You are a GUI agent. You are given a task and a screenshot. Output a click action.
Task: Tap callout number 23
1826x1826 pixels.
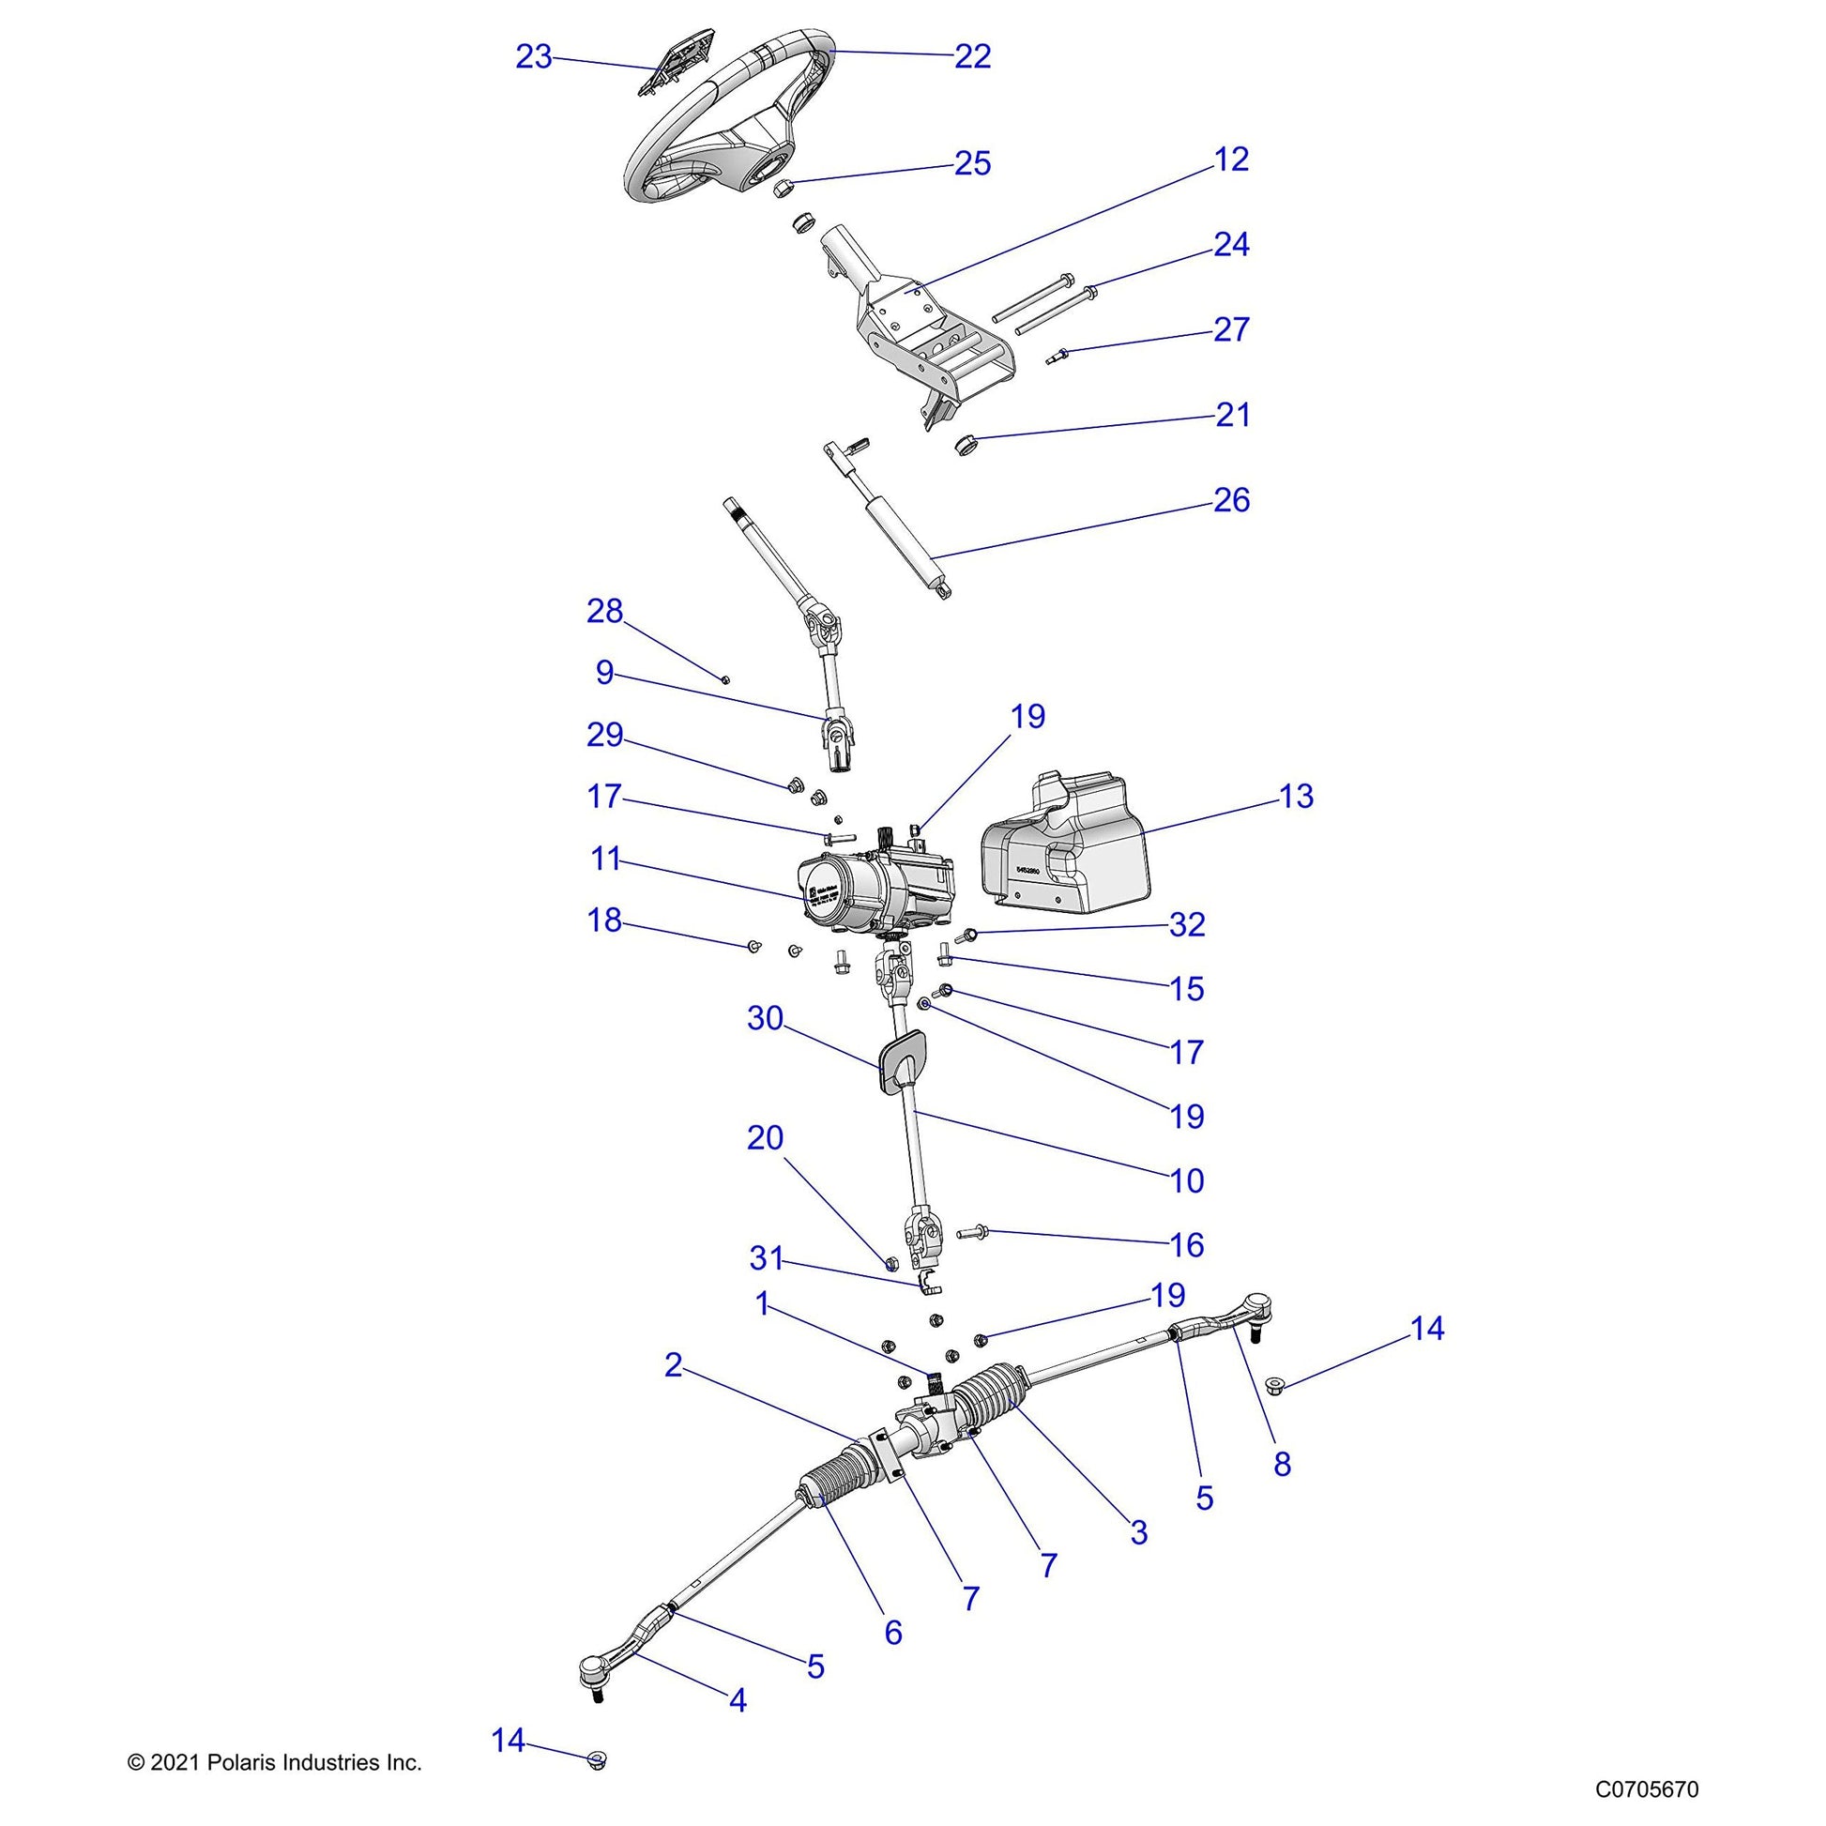point(533,57)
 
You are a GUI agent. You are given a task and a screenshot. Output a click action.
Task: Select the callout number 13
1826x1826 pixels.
point(1296,797)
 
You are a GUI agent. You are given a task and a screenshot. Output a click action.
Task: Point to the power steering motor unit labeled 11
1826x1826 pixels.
point(875,885)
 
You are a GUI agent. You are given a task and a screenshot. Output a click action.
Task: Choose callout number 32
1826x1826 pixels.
point(1187,924)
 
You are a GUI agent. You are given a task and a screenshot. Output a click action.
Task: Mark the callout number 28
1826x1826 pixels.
point(605,612)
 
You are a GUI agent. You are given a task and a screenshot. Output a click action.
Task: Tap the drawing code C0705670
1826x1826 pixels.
point(1647,1789)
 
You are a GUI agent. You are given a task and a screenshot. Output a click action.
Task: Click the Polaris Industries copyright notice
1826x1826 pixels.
point(274,1763)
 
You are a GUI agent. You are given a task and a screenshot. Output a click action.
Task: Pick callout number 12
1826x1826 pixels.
point(1230,160)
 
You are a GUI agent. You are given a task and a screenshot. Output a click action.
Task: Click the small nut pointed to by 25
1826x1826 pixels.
point(783,189)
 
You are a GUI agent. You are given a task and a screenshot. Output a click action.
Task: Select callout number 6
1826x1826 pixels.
point(893,1633)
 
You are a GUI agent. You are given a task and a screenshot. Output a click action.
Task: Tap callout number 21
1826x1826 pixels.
point(1231,415)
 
